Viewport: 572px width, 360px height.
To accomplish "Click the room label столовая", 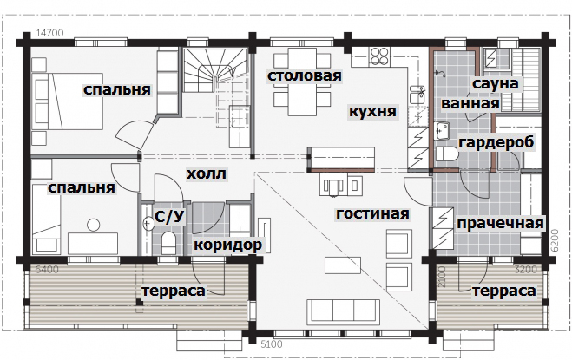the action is coord(305,75).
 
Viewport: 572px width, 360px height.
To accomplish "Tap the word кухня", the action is coord(372,111).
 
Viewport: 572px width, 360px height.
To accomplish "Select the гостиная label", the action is coord(372,213).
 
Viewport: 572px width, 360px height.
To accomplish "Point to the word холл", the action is coord(206,174).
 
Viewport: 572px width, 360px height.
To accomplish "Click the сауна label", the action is coord(495,83).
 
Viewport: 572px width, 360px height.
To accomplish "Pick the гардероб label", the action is coord(496,142).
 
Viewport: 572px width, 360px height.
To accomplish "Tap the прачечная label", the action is coord(500,223).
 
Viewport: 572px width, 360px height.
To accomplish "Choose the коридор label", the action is coord(227,245).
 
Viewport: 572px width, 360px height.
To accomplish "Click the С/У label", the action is coord(169,217).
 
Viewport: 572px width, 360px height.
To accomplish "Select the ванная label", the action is coord(470,103).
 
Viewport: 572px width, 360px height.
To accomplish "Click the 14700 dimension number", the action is coord(50,33).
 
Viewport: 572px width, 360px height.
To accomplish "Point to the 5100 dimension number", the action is coord(272,344).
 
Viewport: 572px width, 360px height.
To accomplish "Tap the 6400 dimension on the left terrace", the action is coord(47,270).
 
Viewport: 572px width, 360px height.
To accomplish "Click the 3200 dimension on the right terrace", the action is coord(526,270).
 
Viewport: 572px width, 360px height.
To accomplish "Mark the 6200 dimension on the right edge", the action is coord(555,240).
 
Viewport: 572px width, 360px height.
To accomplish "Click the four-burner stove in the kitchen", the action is coord(379,56).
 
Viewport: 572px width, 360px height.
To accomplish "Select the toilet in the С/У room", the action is coord(168,242).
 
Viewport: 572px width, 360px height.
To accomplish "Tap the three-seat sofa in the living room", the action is coord(343,312).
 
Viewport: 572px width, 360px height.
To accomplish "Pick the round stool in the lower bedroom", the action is coord(94,225).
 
